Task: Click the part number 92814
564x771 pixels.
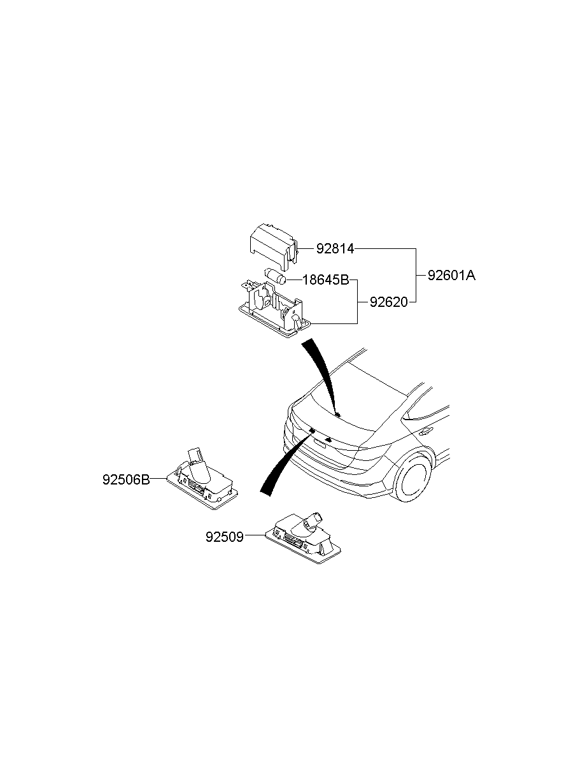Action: [x=335, y=248]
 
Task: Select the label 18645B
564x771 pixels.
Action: [x=325, y=280]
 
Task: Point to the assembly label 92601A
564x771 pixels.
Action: [x=451, y=275]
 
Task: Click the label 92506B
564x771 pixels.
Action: [x=126, y=479]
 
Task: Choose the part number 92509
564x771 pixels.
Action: [x=225, y=537]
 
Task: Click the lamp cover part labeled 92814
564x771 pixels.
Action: [x=274, y=246]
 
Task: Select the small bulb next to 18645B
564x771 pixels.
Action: [x=275, y=276]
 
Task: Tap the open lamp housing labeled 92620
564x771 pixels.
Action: [x=274, y=309]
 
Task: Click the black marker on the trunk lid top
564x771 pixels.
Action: [x=337, y=414]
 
